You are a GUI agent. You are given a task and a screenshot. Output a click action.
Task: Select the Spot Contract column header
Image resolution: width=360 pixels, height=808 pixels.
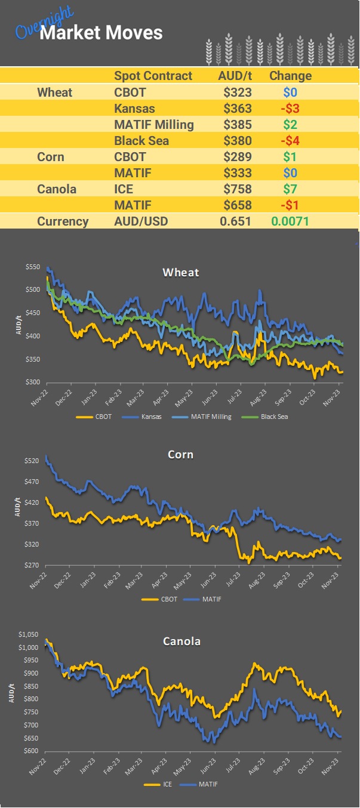coord(153,76)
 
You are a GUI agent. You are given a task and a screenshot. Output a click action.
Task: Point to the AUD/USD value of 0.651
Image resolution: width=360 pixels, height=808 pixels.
coord(235,221)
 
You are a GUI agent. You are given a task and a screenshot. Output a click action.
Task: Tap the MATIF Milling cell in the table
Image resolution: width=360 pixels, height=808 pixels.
coord(153,125)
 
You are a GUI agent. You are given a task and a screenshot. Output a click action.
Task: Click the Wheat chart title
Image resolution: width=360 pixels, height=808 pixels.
coord(180,272)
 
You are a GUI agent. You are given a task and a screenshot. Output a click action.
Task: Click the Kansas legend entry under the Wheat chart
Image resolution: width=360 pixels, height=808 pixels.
coord(147,416)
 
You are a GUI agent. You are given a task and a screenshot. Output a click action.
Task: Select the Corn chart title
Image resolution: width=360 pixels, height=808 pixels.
coord(180,455)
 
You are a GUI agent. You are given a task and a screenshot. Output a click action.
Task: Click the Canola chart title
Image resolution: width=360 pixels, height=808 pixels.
coord(181,642)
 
